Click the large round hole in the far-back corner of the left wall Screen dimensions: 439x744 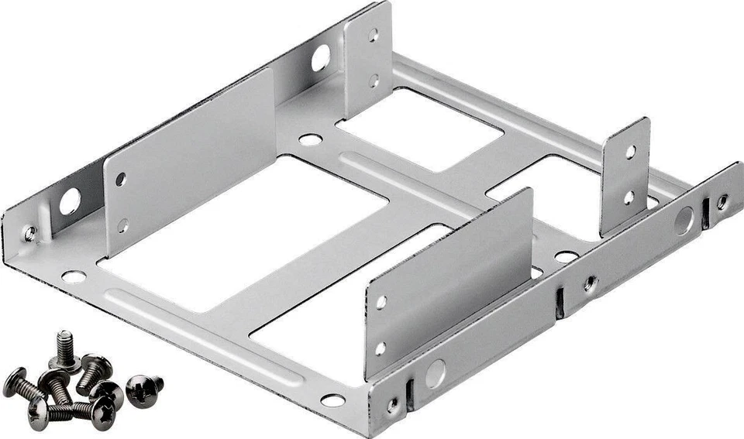point(320,57)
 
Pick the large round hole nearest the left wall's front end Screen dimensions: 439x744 point(70,202)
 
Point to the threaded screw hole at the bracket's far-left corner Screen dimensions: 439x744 point(29,233)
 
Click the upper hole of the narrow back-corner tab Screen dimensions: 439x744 point(374,35)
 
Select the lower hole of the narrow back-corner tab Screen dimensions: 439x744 point(374,80)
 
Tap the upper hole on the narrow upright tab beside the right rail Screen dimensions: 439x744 point(630,152)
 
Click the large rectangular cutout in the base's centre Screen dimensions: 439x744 point(244,232)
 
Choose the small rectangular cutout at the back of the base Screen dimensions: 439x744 point(419,128)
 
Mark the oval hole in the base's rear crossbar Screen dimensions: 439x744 point(310,140)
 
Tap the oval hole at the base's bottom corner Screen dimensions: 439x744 point(333,400)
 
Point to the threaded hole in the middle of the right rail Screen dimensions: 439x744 point(590,283)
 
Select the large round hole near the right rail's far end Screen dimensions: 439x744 point(684,221)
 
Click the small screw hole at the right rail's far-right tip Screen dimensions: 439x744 point(722,202)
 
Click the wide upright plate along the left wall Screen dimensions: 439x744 point(190,159)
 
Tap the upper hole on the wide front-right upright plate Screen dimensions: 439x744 point(381,301)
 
